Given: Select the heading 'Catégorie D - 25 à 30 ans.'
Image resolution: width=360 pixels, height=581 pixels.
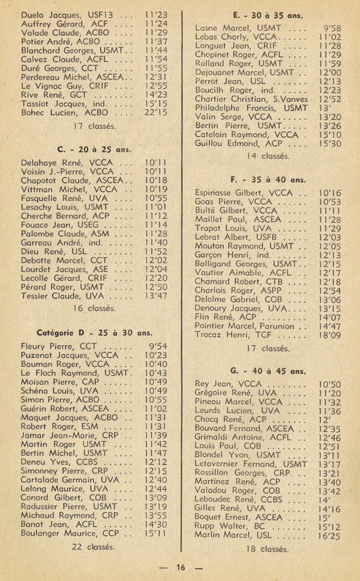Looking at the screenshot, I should [x=94, y=332].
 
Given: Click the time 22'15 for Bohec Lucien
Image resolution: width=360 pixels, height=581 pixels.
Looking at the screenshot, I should [x=155, y=112].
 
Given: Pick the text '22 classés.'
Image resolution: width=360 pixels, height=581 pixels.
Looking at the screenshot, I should [x=94, y=547].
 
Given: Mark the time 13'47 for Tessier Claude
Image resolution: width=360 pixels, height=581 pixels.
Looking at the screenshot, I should [x=155, y=296].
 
